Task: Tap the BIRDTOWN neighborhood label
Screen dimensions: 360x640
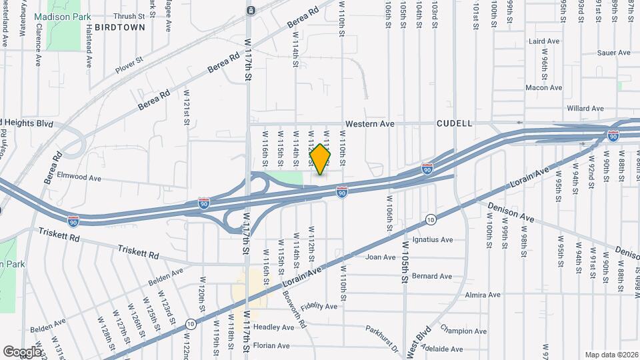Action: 119,27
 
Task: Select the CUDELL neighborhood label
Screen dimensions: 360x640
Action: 455,123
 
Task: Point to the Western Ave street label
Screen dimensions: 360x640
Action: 370,124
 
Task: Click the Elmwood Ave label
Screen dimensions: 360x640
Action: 79,178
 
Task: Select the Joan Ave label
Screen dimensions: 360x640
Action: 381,257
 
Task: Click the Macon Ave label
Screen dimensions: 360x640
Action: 544,87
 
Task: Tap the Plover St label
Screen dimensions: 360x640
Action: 129,63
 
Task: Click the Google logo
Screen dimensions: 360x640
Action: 22,351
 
